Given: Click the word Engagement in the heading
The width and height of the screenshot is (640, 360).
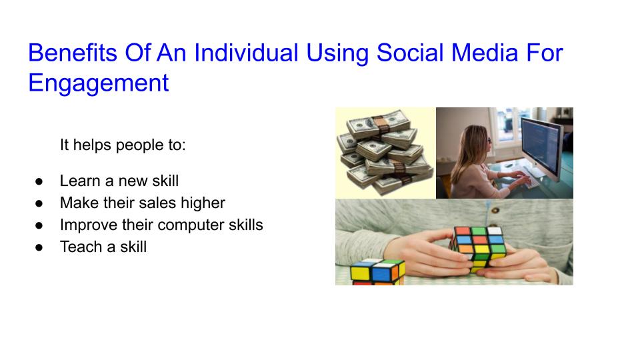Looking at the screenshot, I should (98, 84).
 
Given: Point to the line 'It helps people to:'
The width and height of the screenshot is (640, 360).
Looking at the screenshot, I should (123, 145).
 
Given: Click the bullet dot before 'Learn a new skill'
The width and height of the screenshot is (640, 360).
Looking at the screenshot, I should (39, 181).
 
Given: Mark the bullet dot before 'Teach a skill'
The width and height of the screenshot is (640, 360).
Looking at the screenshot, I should (39, 247).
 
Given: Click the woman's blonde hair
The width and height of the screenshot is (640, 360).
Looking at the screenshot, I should (469, 150).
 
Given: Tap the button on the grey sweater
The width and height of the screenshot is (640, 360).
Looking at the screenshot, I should (495, 211).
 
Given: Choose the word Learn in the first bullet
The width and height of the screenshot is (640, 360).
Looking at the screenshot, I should (79, 181).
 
